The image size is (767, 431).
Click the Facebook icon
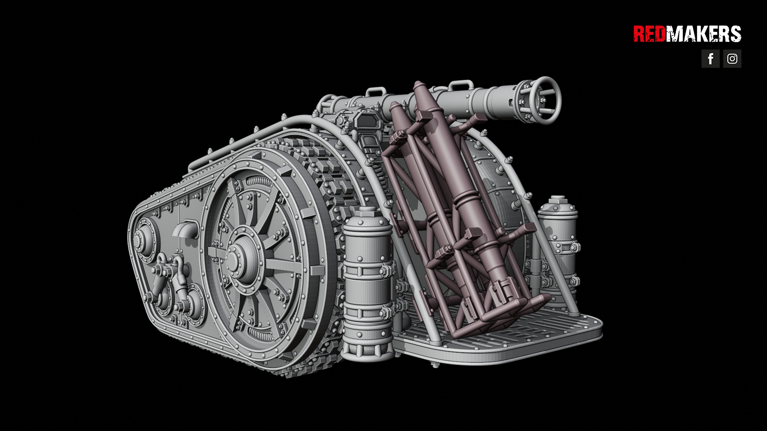click(x=710, y=59)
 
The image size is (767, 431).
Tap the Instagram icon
click(x=732, y=59)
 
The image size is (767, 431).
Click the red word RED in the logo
click(x=649, y=34)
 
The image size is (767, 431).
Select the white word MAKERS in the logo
click(x=703, y=34)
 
